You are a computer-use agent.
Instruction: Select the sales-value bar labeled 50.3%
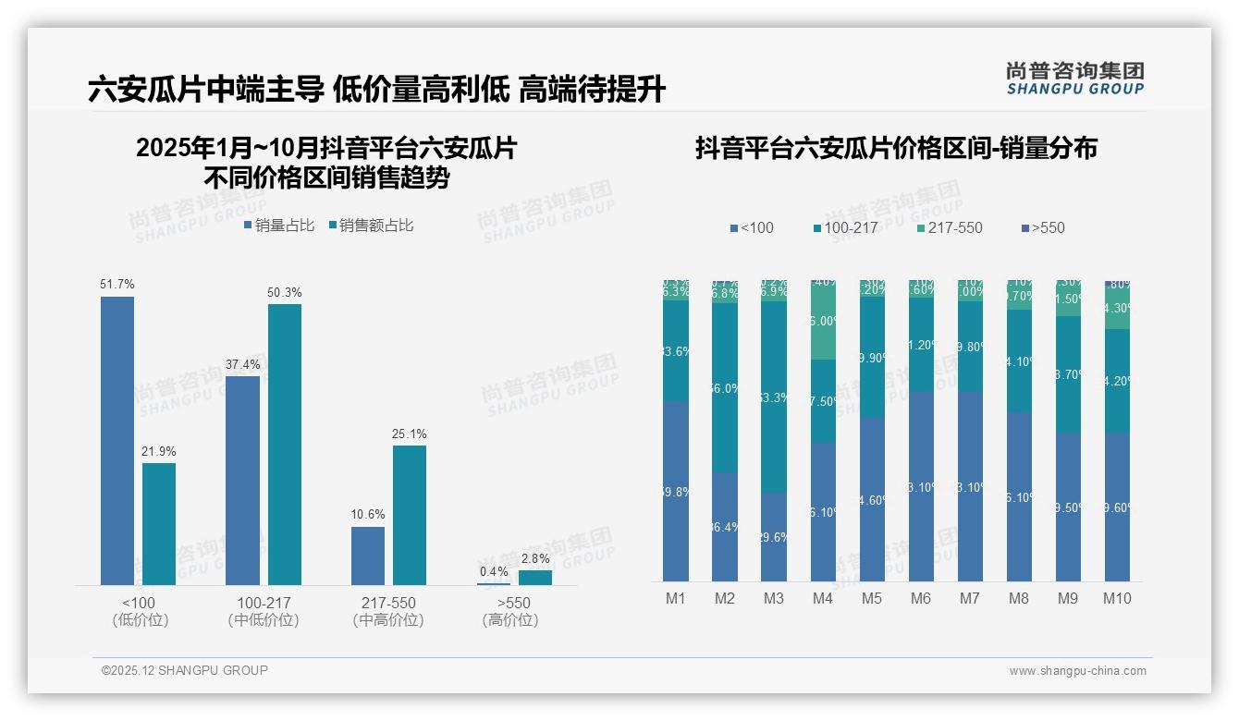[x=285, y=444]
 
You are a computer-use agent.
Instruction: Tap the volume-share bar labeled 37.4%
[x=242, y=480]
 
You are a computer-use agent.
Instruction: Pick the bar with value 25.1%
[x=410, y=515]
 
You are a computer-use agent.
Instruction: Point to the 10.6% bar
[x=367, y=556]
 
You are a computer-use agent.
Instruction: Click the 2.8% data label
[x=534, y=558]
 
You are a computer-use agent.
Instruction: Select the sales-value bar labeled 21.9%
[x=159, y=523]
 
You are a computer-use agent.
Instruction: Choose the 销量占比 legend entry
[x=278, y=225]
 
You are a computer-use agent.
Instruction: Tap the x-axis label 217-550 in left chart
[x=388, y=603]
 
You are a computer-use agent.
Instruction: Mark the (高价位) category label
[x=510, y=620]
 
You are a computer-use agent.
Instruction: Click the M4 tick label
[x=823, y=598]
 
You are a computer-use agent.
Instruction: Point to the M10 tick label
[x=1117, y=598]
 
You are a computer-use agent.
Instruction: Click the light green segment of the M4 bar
[x=823, y=321]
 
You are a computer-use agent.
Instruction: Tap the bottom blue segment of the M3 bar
[x=774, y=536]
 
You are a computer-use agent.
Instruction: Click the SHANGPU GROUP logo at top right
[x=1074, y=78]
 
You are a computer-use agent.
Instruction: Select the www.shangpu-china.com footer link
[x=1077, y=671]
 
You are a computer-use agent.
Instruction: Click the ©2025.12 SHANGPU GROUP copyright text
[x=185, y=670]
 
